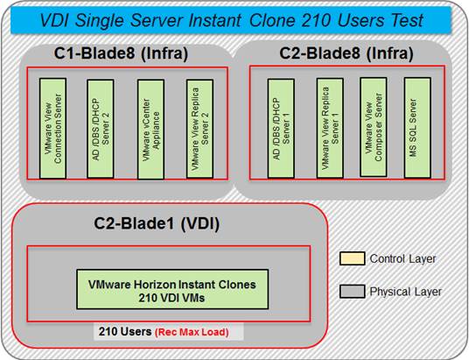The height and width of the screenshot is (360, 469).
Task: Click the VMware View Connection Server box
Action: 53,129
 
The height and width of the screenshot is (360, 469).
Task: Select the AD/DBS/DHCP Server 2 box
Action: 101,129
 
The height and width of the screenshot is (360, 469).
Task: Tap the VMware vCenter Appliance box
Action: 150,129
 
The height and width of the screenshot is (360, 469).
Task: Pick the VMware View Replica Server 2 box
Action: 199,129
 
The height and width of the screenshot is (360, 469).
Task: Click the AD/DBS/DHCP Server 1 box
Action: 281,129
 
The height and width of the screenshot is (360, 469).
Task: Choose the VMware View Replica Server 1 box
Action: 330,128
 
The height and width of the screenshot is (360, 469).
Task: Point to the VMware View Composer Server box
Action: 374,127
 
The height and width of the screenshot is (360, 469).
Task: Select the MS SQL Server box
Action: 417,128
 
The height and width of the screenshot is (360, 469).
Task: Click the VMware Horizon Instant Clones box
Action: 172,289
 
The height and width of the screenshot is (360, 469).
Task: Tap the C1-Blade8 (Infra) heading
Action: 121,53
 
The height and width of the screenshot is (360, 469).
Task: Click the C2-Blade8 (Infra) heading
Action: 346,53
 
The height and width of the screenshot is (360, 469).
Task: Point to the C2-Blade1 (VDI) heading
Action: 157,223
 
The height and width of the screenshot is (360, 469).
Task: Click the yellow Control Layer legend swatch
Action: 353,258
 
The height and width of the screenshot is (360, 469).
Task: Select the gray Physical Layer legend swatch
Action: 353,292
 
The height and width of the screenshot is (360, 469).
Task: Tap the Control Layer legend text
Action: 402,258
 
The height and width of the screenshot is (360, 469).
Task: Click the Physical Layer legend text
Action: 406,292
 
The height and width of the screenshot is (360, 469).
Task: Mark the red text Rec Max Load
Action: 192,332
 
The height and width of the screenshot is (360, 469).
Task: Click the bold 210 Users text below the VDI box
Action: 125,332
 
